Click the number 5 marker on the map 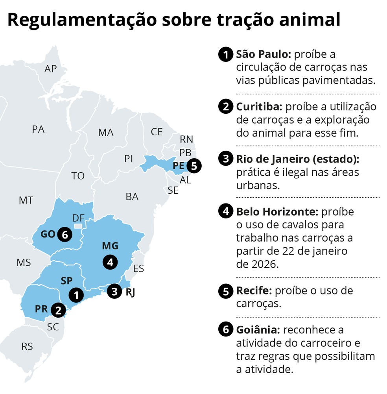[x=193, y=166]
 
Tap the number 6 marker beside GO [x=65, y=235]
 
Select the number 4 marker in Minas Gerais [x=110, y=262]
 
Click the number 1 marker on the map [x=76, y=294]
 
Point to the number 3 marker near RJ [x=114, y=291]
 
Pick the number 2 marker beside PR [x=59, y=310]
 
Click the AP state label [x=51, y=69]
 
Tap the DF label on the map [x=79, y=218]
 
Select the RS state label [x=27, y=346]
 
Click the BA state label [x=132, y=196]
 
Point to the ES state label [x=138, y=269]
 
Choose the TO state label [x=78, y=176]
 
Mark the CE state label [x=157, y=132]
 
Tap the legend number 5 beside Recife [x=226, y=291]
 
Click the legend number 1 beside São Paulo [x=226, y=54]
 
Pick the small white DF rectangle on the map [x=79, y=226]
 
